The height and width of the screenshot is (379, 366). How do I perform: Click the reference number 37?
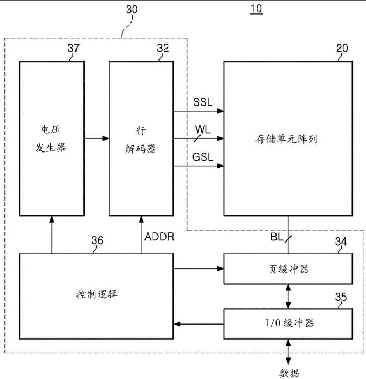point(73,49)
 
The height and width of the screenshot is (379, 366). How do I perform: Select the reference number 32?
point(162,49)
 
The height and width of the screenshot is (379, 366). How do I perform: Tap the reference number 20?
point(342,49)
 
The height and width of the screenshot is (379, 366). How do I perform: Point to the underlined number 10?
point(256,11)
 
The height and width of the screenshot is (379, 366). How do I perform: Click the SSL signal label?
point(203,102)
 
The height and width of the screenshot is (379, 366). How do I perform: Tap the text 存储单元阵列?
point(286,139)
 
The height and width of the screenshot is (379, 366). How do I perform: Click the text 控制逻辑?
point(97,294)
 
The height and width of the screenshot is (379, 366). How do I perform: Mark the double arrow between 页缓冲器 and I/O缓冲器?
point(291,296)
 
